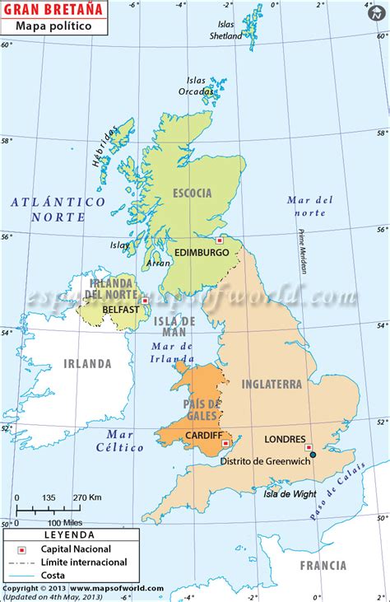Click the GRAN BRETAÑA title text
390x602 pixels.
click(52, 9)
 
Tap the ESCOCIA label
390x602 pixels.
click(193, 194)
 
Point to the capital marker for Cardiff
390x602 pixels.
click(225, 444)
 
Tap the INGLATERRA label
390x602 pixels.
click(272, 384)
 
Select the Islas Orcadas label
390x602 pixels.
click(197, 86)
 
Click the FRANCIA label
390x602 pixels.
click(323, 565)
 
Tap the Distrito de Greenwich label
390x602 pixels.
click(264, 461)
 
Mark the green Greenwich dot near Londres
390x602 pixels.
click(313, 454)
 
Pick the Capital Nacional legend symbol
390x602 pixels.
click(22, 548)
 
